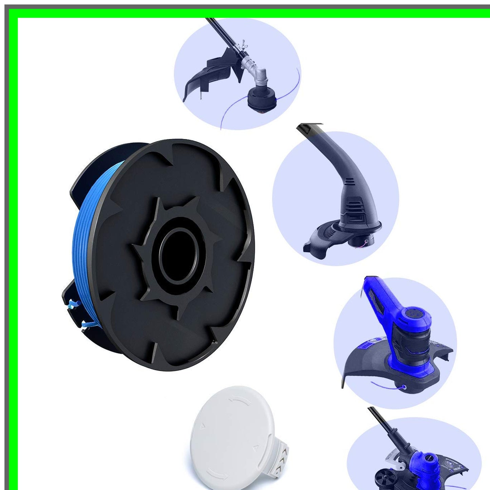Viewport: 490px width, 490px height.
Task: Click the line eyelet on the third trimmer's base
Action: [404, 387]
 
